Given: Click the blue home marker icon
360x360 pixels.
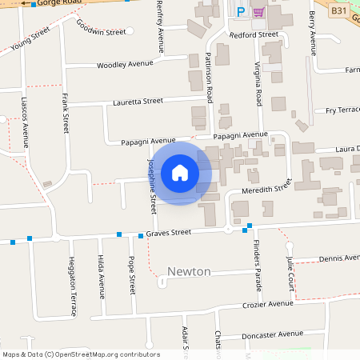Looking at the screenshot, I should pyautogui.click(x=180, y=173).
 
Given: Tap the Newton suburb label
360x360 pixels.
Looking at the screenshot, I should pyautogui.click(x=189, y=272).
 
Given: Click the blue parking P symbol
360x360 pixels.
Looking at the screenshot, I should pyautogui.click(x=241, y=12).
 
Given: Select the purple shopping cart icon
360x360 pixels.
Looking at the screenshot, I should pyautogui.click(x=258, y=12).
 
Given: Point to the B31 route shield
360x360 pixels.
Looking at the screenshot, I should pyautogui.click(x=339, y=10).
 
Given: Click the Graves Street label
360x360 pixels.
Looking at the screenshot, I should pyautogui.click(x=169, y=233).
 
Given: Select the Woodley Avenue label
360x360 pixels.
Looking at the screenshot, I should pyautogui.click(x=124, y=64).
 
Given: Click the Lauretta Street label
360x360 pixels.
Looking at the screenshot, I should pyautogui.click(x=138, y=102).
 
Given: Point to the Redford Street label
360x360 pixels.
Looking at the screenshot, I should pyautogui.click(x=254, y=35).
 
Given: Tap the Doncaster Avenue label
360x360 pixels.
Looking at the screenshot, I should pyautogui.click(x=274, y=334).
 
